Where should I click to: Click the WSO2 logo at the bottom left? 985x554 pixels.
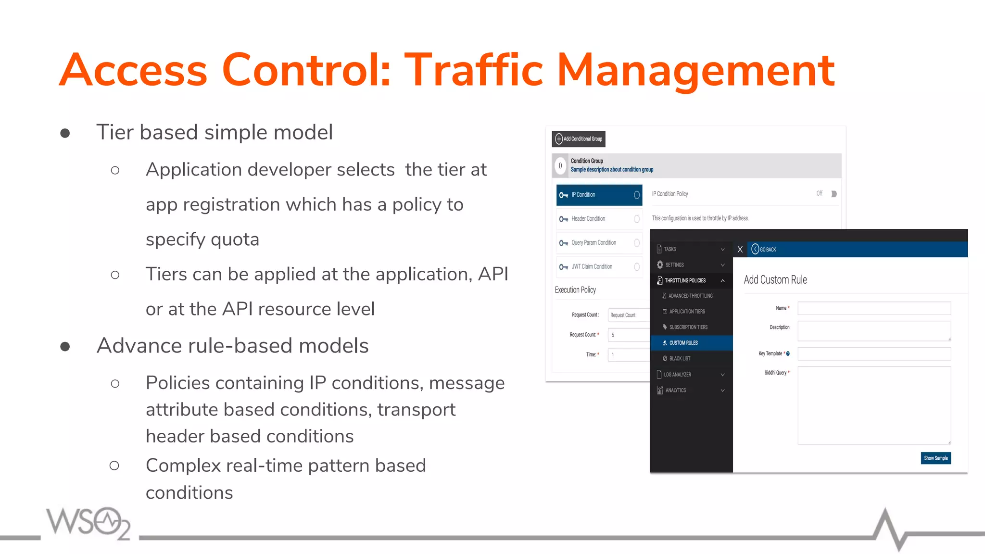point(88,523)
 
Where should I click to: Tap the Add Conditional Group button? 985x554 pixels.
point(579,139)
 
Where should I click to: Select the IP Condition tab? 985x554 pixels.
point(599,195)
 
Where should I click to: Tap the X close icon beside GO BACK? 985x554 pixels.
point(740,249)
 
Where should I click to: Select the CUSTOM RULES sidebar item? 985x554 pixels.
point(683,343)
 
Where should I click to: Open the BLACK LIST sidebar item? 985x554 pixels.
point(680,359)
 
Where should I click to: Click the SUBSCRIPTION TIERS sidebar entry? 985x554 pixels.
point(688,327)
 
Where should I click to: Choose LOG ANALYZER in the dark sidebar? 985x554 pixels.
point(677,375)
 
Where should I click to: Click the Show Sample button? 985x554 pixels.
point(935,458)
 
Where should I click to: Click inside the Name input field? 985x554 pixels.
point(874,308)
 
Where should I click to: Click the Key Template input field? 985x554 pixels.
point(874,354)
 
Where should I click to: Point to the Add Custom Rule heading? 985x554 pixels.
point(775,280)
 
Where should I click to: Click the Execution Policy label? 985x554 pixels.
point(575,290)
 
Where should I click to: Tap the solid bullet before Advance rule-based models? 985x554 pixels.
point(65,346)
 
